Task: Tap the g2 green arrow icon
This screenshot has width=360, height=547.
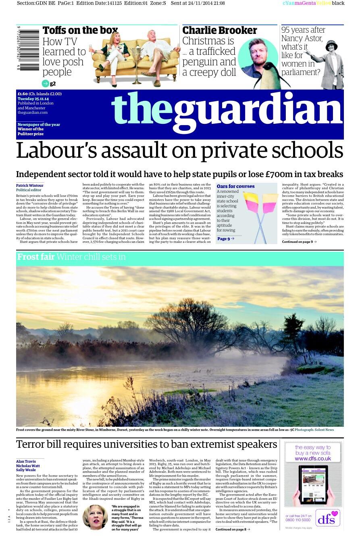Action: pos(46,84)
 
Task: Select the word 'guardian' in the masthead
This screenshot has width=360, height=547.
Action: pos(258,110)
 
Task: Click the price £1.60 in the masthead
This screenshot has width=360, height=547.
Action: pos(23,94)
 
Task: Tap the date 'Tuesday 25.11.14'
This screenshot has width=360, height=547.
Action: pos(33,99)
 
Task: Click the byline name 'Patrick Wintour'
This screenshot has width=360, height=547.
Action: pos(30,186)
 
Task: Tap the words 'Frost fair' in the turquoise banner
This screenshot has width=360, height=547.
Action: pos(36,257)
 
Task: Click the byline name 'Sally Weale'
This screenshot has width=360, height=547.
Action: pos(26,470)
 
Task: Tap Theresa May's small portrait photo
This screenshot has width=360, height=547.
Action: pos(95,517)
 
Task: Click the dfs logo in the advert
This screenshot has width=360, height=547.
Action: pos(327,518)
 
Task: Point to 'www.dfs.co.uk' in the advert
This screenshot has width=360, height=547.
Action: pos(312,459)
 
